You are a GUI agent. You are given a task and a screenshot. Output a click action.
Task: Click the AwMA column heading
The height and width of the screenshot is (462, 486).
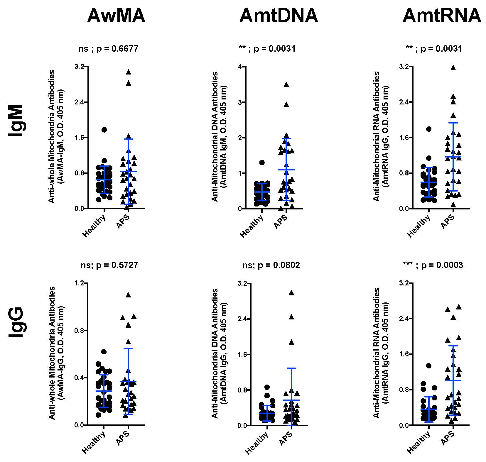click(116, 15)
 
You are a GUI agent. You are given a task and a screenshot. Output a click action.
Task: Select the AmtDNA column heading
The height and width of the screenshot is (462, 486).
click(279, 15)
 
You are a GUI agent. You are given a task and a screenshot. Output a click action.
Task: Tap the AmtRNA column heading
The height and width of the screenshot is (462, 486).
click(442, 15)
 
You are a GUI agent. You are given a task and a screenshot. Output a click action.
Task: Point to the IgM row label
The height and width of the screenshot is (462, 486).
click(16, 121)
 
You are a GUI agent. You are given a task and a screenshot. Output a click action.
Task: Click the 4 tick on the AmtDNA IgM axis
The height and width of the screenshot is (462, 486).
click(240, 67)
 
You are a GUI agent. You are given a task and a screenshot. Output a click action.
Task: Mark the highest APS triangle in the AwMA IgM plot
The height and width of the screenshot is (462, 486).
click(128, 72)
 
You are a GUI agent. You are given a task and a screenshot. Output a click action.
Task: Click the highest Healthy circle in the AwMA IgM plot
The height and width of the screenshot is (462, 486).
click(104, 130)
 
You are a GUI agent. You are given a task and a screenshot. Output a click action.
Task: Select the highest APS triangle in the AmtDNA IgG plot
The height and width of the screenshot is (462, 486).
click(291, 292)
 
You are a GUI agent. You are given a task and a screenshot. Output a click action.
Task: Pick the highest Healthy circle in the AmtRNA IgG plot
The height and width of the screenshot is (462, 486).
click(429, 366)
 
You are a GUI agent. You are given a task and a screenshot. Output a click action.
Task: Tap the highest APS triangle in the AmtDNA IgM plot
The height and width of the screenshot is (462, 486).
click(286, 85)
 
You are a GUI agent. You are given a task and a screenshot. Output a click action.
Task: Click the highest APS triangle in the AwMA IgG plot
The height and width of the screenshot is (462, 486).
click(128, 295)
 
